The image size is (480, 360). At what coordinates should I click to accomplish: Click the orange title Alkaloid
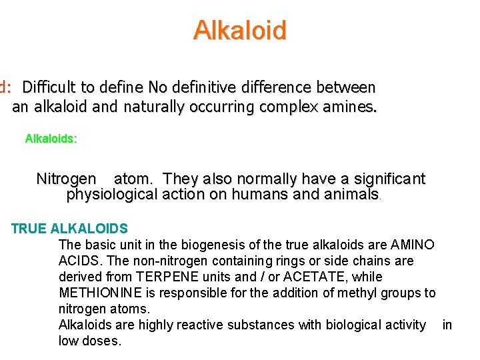point(240,31)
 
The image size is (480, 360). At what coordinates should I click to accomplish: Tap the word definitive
point(205,87)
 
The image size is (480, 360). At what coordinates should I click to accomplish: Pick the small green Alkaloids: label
point(51,139)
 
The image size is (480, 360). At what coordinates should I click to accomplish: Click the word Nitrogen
point(66,179)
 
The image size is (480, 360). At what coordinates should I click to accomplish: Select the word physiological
point(111,195)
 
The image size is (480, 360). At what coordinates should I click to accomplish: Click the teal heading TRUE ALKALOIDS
point(69,229)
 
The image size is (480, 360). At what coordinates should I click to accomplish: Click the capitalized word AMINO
point(413,245)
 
